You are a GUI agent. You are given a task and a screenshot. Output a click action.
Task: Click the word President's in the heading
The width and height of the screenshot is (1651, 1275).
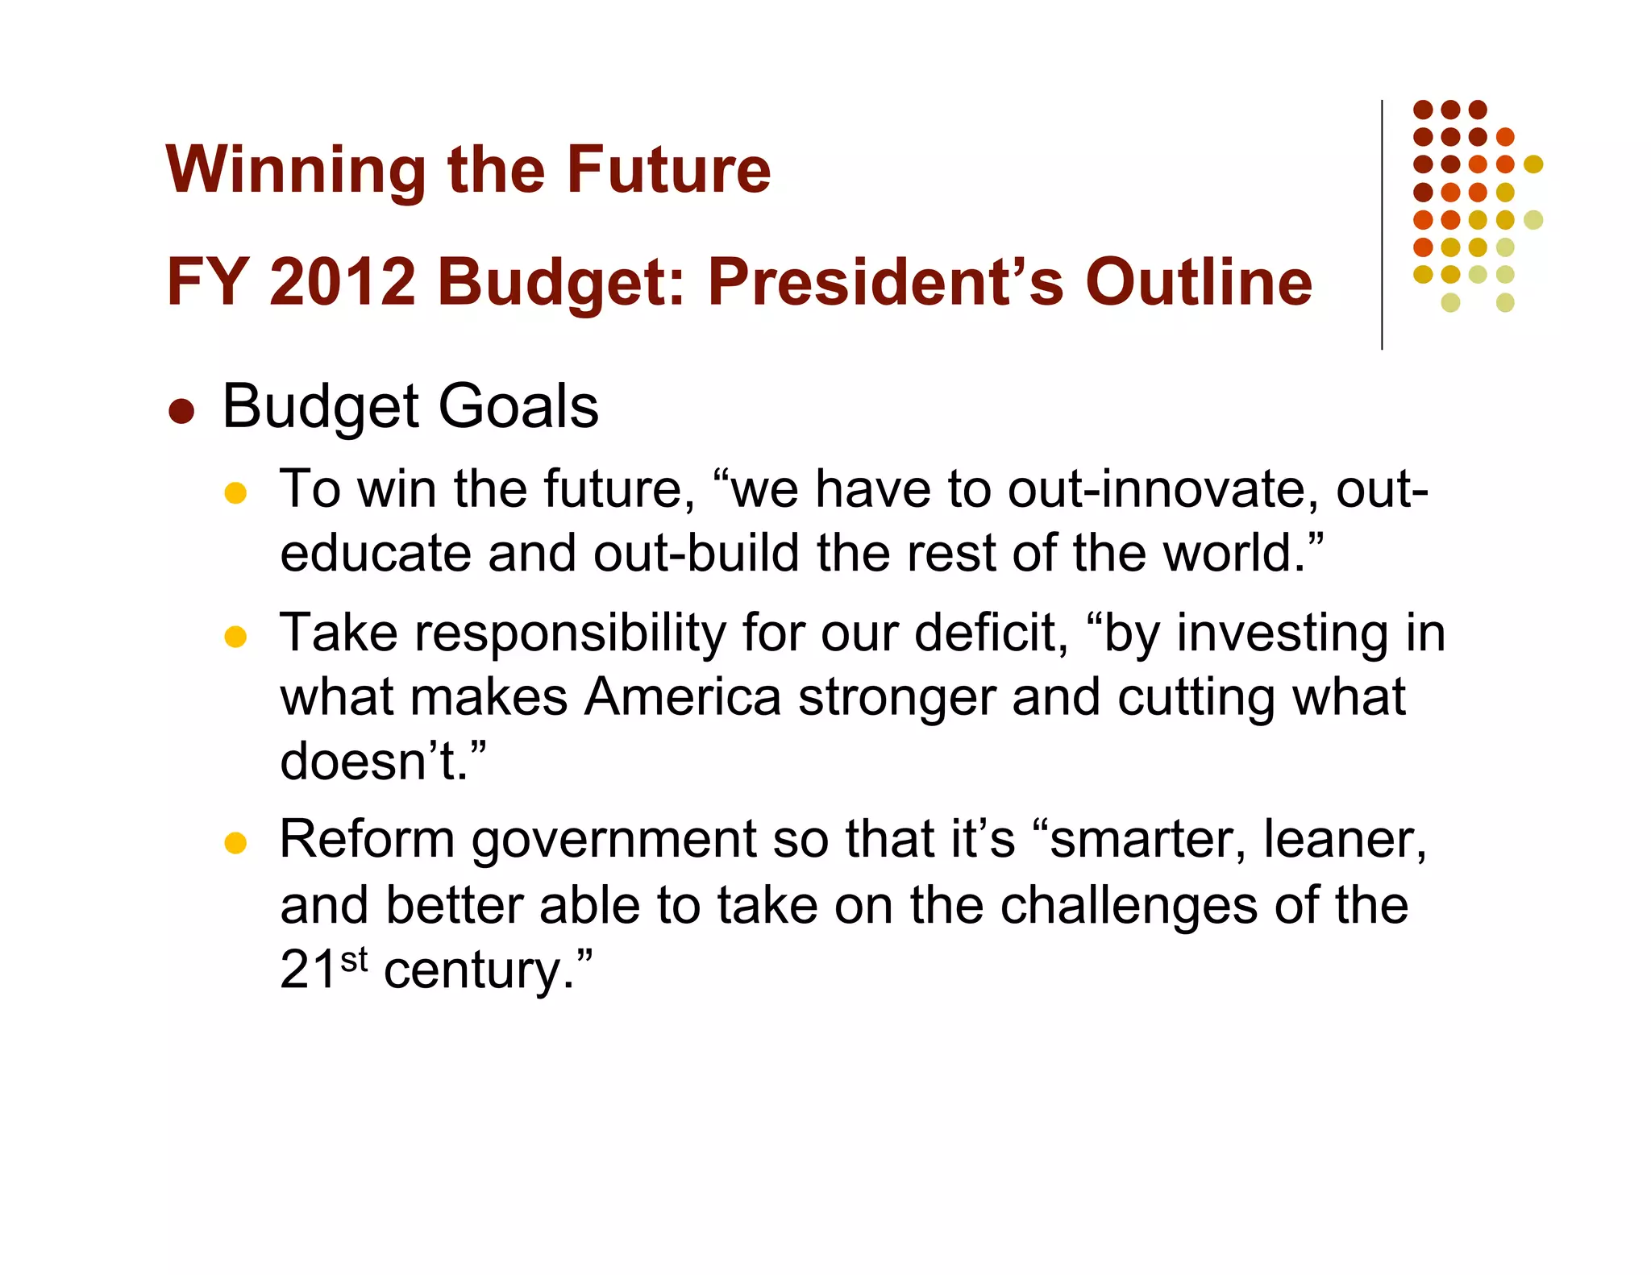(886, 282)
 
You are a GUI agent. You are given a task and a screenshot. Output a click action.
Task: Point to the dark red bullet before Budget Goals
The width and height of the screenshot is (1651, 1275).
(181, 410)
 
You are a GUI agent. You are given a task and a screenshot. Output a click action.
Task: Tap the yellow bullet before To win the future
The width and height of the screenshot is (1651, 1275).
(235, 492)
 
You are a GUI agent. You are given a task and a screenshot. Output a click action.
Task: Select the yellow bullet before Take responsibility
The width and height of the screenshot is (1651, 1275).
(235, 637)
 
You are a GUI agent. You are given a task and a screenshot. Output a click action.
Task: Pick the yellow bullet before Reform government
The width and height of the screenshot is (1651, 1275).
(235, 843)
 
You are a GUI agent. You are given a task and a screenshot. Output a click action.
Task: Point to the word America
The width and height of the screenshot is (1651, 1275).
(683, 697)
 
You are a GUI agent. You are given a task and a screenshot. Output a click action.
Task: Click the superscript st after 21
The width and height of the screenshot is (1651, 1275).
(354, 960)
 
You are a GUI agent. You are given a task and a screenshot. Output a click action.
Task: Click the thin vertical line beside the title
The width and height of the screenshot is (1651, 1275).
(1382, 226)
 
